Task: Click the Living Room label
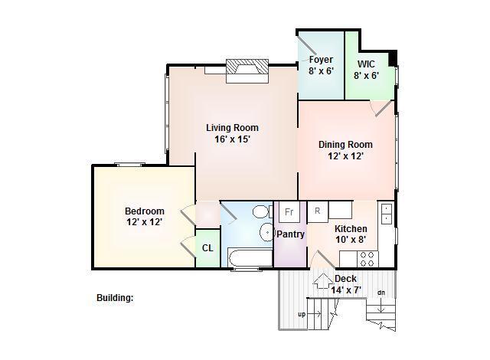click(232, 128)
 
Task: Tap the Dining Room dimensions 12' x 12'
click(345, 156)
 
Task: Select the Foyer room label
click(322, 60)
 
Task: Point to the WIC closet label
click(366, 64)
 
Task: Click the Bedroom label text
click(145, 211)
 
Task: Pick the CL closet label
click(207, 248)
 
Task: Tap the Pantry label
click(291, 234)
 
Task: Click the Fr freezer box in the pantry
click(289, 212)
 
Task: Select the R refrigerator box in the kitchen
click(318, 211)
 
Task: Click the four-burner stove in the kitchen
click(367, 259)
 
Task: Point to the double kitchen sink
click(386, 214)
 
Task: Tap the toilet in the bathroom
click(262, 212)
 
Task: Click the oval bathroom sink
click(266, 233)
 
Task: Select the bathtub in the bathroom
click(250, 258)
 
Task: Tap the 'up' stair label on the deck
click(302, 314)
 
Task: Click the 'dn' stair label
click(381, 293)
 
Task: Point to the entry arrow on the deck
click(323, 281)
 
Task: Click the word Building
click(115, 298)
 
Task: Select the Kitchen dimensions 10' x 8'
click(351, 240)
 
